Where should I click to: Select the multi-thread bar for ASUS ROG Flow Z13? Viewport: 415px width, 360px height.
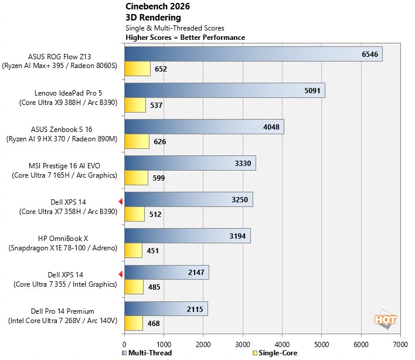click(x=253, y=55)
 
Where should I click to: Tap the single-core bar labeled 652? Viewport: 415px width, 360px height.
click(x=137, y=69)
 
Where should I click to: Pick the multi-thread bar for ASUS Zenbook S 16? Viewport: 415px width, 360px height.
click(x=203, y=127)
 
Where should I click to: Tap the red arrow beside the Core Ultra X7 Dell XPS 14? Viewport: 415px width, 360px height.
click(x=120, y=202)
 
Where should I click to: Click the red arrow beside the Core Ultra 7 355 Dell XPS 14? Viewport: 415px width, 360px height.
click(x=120, y=274)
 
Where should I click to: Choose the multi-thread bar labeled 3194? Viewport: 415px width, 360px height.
click(x=187, y=236)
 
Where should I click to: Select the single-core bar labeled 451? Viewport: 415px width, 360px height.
click(x=133, y=251)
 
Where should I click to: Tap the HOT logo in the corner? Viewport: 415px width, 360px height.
click(x=385, y=319)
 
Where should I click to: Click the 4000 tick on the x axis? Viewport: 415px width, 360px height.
click(x=282, y=344)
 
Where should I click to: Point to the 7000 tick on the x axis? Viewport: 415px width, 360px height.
click(x=400, y=344)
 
